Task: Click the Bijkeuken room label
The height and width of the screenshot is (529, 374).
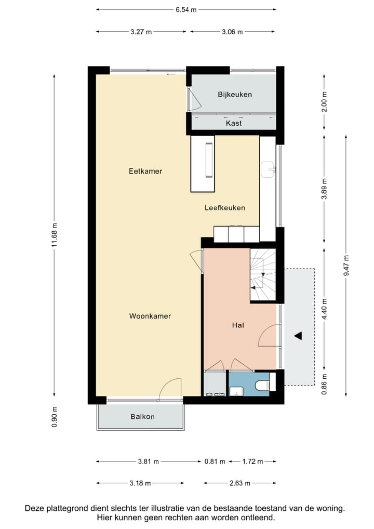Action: [x=235, y=95]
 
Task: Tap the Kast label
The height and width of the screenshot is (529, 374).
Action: [x=234, y=124]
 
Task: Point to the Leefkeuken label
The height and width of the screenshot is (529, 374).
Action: [x=224, y=208]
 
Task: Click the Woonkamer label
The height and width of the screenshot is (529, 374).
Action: [x=150, y=316]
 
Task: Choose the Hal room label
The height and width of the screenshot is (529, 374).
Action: [x=238, y=326]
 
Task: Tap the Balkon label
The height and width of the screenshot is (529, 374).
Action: [x=142, y=417]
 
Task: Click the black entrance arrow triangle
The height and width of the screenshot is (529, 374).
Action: [x=298, y=336]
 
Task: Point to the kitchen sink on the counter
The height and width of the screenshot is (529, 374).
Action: [x=269, y=169]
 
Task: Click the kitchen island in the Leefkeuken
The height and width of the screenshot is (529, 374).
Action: [x=203, y=163]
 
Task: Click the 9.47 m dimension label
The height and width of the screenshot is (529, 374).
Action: [x=346, y=265]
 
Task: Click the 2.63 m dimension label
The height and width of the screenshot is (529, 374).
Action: [x=240, y=483]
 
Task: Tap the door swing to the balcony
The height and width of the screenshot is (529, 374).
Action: [x=170, y=388]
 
